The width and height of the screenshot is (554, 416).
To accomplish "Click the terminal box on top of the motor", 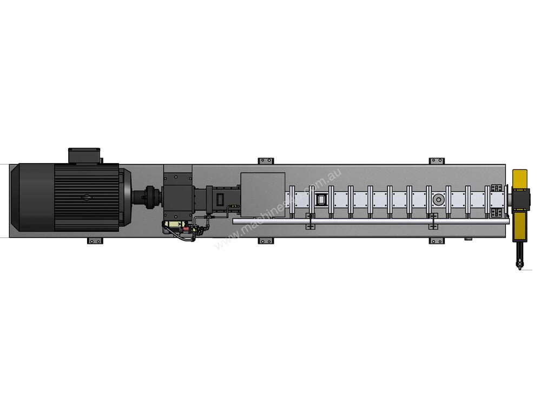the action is click(84, 155).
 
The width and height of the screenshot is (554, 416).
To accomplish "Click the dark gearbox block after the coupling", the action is click(177, 197).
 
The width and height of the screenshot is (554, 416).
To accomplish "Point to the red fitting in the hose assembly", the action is click(185, 230).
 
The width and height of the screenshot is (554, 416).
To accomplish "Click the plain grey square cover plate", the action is click(262, 194).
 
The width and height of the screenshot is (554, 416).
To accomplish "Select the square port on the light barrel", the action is click(321, 200).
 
